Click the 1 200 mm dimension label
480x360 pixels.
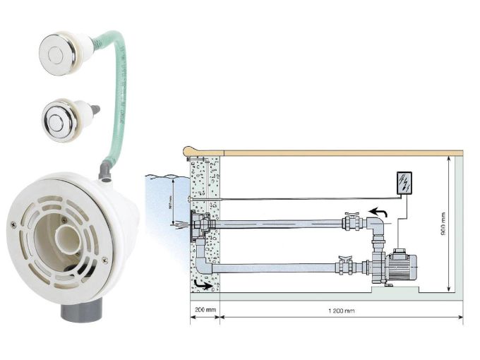click(341, 311)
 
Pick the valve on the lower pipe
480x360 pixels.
click(344, 266)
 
